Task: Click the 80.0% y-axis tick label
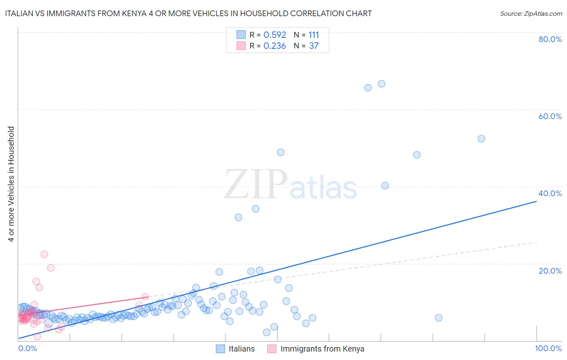tap(550, 39)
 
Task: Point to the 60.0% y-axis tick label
tap(550, 116)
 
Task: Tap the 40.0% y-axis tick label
tap(550, 193)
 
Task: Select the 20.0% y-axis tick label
tap(550, 270)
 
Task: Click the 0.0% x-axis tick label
tap(27, 348)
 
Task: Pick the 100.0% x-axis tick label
tap(548, 348)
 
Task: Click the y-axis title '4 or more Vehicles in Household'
tap(11, 184)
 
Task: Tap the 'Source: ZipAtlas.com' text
tap(531, 13)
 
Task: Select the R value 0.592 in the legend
tap(275, 35)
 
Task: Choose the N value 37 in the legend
tap(314, 46)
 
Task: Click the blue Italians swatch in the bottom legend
tap(220, 349)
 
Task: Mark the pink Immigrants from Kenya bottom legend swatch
tap(272, 349)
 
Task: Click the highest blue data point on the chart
tap(381, 84)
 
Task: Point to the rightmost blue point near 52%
tap(481, 139)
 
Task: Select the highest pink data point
tap(44, 254)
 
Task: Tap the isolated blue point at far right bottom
tap(438, 318)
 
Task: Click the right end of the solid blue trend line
tap(537, 201)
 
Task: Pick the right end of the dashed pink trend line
tap(537, 242)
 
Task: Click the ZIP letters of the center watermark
tap(256, 184)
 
